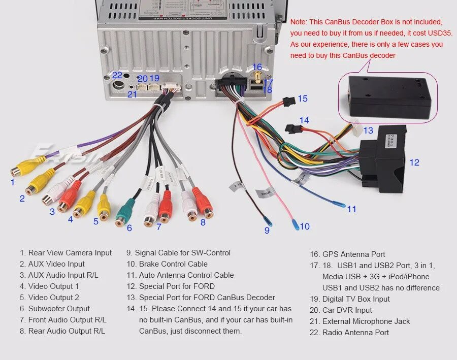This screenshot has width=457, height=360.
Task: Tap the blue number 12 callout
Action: point(415,162)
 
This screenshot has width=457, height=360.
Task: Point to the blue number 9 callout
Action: point(267,231)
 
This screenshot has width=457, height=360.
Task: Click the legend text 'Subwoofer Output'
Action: point(58,309)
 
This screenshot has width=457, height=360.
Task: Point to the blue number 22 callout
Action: point(117,75)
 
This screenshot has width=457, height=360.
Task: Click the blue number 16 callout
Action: point(257,67)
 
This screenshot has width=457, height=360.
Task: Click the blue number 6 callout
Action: point(129,228)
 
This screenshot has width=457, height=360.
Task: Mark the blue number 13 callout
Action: point(368,130)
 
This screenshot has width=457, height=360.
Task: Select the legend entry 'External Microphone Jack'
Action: point(366,321)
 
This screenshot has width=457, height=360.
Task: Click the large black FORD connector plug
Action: point(382,157)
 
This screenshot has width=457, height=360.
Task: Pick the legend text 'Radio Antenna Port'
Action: point(355,333)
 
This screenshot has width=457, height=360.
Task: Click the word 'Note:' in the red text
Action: point(299,22)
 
